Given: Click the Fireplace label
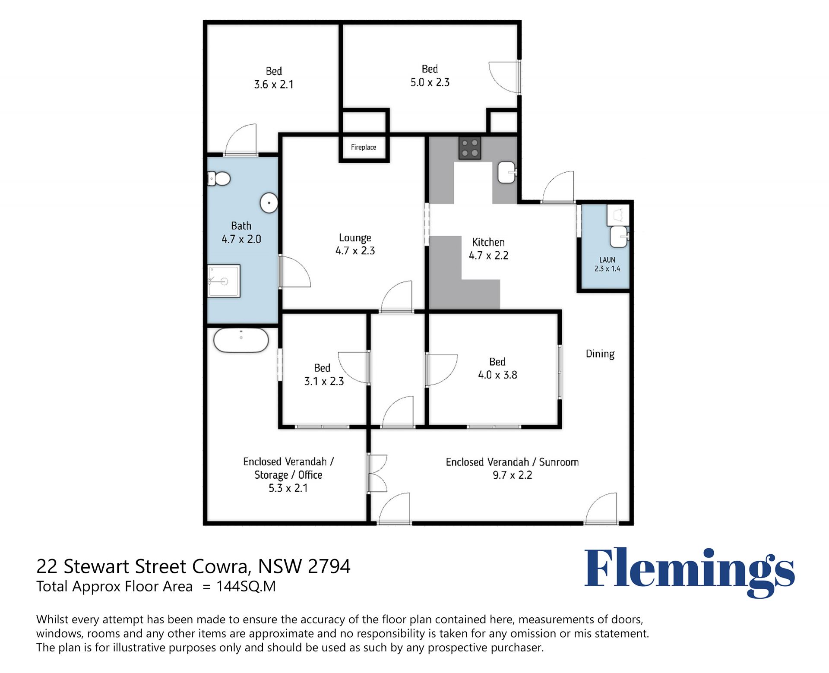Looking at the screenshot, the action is tap(363, 147).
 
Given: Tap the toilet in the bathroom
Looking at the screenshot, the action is tap(219, 178).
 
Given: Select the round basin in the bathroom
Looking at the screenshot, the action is tap(269, 203).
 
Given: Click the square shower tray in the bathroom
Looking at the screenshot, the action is tap(224, 281).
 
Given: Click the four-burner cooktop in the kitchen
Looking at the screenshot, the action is tap(469, 149).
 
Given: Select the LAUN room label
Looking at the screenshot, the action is tap(607, 260).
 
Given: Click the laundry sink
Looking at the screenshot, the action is tap(619, 237).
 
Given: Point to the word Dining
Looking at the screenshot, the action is tap(600, 354).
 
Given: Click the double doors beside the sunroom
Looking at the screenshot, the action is tap(377, 473).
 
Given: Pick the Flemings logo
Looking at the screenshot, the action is tap(689, 572).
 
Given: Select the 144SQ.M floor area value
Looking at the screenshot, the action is tap(246, 586).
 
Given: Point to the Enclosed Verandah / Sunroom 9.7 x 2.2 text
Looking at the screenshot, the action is tap(512, 468).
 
